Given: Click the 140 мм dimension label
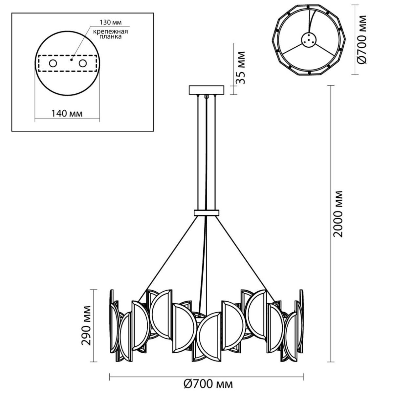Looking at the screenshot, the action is pos(67,114).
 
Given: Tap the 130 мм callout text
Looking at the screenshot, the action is pos(110,23).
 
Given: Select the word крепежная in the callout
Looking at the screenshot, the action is pos(111,32).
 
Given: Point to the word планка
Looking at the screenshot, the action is pos(111,36).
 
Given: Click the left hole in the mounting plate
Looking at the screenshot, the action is pos(53,63).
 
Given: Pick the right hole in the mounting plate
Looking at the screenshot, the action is pos(83,63).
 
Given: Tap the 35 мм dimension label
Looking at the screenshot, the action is pos(240,68).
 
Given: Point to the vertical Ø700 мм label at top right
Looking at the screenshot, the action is pos(361,39).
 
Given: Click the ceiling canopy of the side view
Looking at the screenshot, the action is pos(207,90).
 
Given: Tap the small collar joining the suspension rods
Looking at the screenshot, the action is pos(207,213).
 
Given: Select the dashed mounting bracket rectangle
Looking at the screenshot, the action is pos(68,63).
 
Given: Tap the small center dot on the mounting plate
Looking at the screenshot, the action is pos(71,60).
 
